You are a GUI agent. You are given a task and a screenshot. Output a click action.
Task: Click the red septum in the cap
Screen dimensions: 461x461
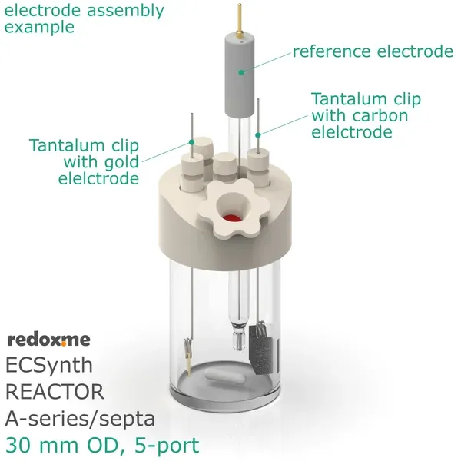[x=232, y=218]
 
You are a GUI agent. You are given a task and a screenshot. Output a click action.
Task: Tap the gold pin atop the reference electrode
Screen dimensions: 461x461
[x=240, y=21]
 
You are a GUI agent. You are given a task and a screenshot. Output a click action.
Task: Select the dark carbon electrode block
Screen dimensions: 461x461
[x=261, y=350]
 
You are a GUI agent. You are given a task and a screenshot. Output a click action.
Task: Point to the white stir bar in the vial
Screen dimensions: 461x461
[x=224, y=377]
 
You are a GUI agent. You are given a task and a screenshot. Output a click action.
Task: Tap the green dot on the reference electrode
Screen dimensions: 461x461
[x=241, y=72]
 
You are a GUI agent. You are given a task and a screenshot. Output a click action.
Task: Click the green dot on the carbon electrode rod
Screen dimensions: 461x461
[x=258, y=135]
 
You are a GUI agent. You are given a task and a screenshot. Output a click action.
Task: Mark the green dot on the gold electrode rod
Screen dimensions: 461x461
[x=191, y=142]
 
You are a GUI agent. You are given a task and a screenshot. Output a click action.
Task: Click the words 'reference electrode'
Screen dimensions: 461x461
[x=373, y=51]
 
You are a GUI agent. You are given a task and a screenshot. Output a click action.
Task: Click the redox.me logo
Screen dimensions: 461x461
[x=49, y=340]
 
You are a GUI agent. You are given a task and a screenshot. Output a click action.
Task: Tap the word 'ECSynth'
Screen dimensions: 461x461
[x=49, y=366]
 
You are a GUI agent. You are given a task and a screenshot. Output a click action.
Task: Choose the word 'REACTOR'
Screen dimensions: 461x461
[x=55, y=392]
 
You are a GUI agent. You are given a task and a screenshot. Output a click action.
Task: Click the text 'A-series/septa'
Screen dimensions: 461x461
[x=80, y=419]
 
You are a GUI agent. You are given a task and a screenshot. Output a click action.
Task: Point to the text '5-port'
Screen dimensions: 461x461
[x=167, y=446]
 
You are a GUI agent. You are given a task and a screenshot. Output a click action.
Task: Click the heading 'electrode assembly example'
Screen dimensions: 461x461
[x=84, y=18]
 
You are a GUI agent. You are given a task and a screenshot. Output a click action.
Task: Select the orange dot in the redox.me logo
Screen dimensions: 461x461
[x=64, y=343]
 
